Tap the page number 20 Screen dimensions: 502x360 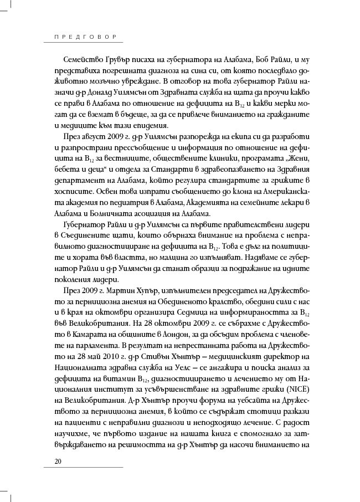(58, 461)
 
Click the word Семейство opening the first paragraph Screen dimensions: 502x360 (80, 59)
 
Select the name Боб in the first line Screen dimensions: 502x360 (268, 59)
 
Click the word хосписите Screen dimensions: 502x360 (75, 192)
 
